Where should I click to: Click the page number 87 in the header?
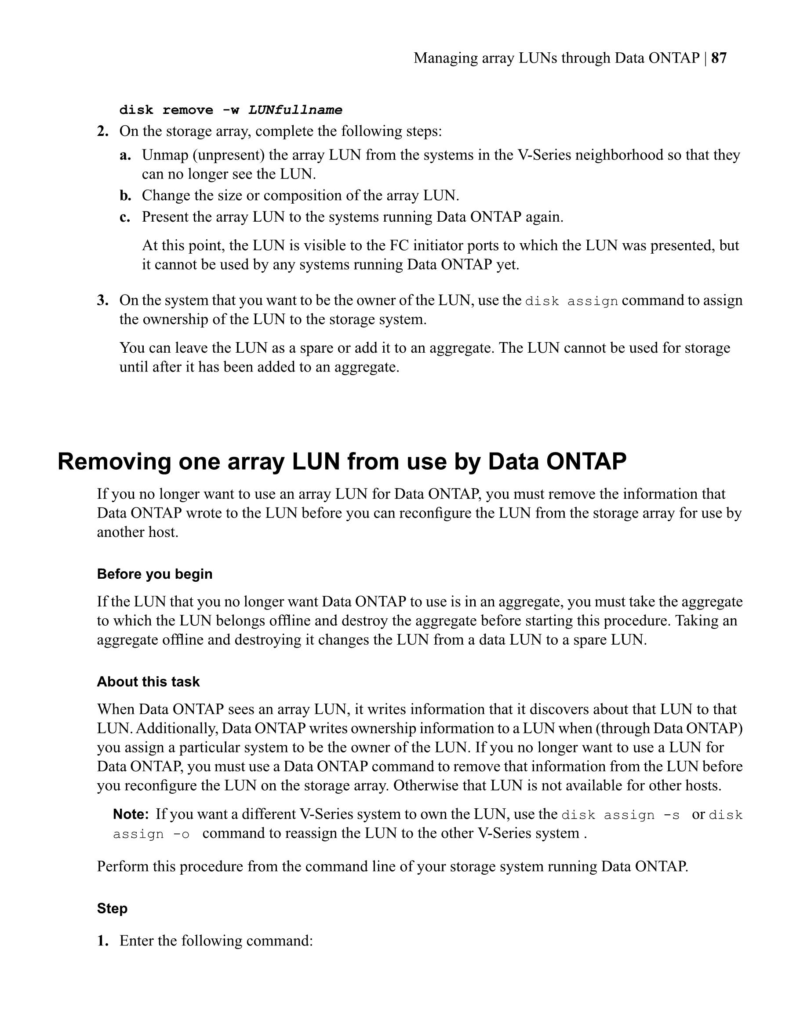click(719, 58)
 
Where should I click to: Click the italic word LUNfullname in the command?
click(295, 110)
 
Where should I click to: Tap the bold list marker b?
click(125, 196)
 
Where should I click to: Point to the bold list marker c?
click(124, 217)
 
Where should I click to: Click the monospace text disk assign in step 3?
click(571, 301)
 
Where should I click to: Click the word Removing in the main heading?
click(113, 461)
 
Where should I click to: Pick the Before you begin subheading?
click(154, 574)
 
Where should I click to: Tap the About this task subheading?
click(148, 682)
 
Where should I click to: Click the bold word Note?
click(131, 814)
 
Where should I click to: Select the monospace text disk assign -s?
click(621, 815)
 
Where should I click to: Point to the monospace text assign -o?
click(151, 835)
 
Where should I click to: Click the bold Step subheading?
click(112, 909)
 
